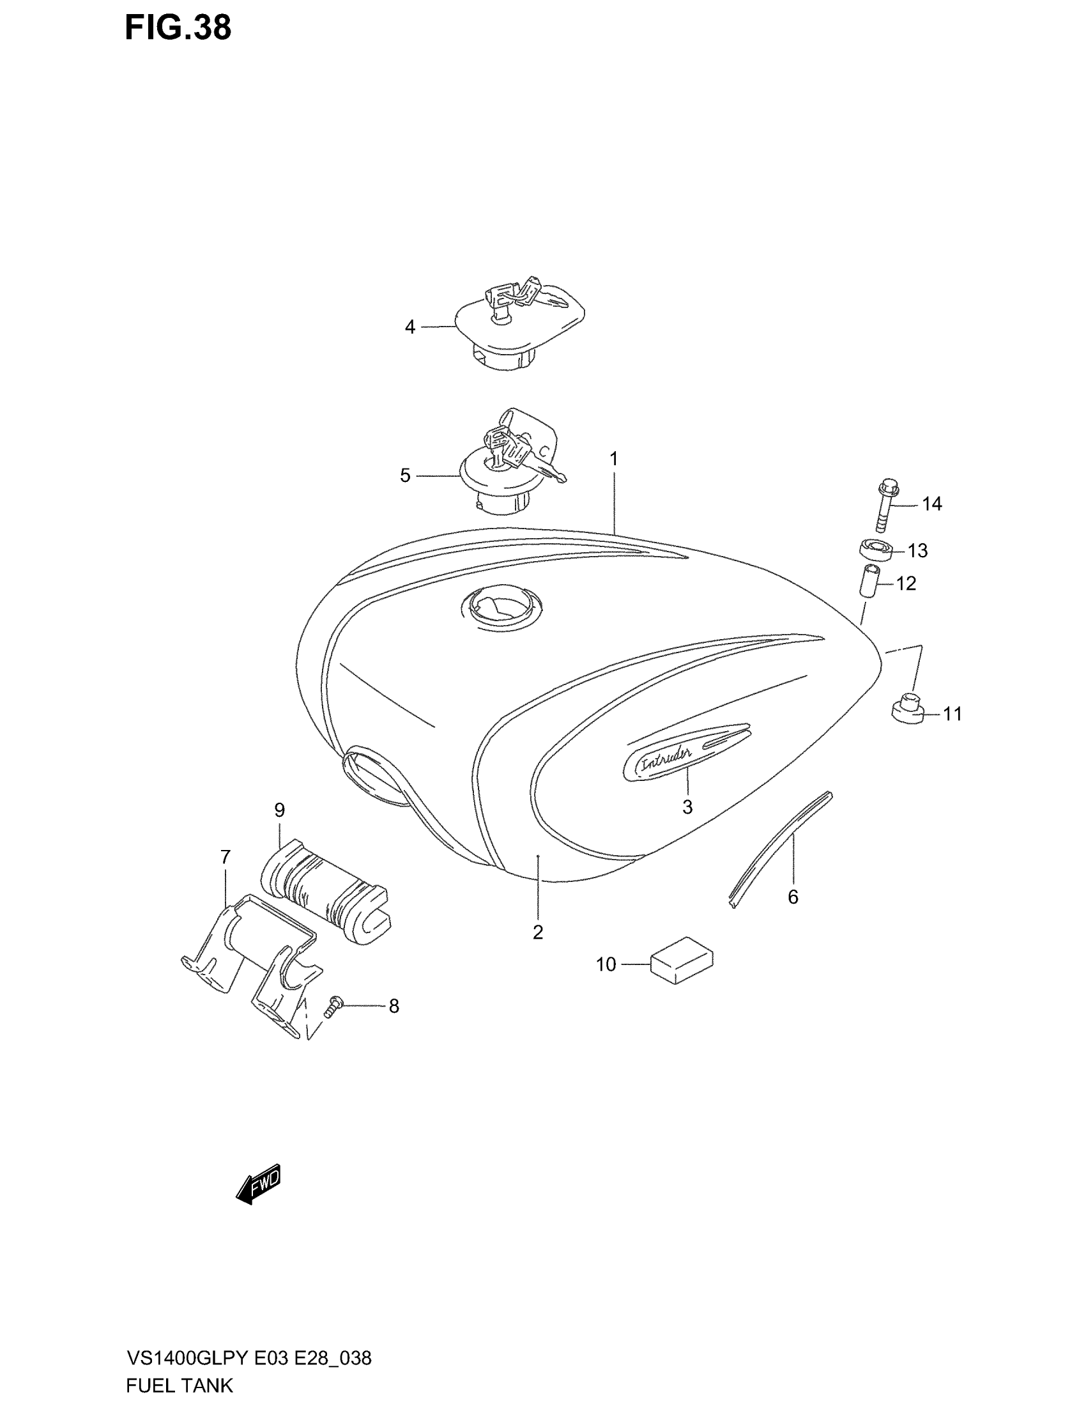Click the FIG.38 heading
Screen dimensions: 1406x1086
(178, 28)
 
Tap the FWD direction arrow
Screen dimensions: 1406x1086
(259, 1182)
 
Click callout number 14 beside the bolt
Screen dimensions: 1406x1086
(931, 504)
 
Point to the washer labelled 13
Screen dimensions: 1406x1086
(876, 550)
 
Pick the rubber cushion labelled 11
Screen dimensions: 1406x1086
(906, 709)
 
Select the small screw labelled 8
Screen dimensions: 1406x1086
(334, 1007)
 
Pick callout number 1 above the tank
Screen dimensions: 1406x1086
(614, 459)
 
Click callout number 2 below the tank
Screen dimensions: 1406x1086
(538, 932)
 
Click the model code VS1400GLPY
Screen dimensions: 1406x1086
(187, 1359)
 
